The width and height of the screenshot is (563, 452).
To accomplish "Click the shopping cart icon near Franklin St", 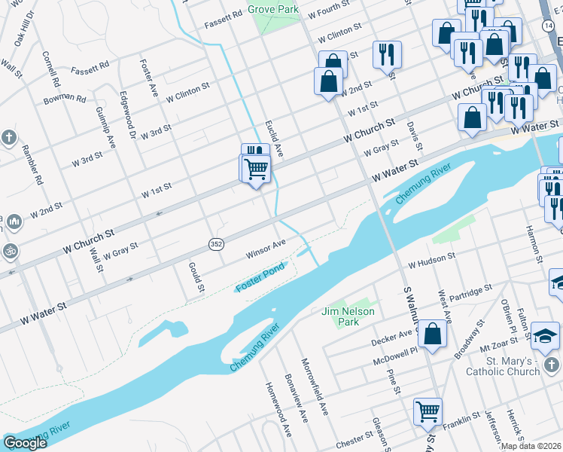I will pos(428,412).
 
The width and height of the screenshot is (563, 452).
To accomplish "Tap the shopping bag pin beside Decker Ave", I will pos(433,334).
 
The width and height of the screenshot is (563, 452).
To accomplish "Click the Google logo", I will pos(25,443).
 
